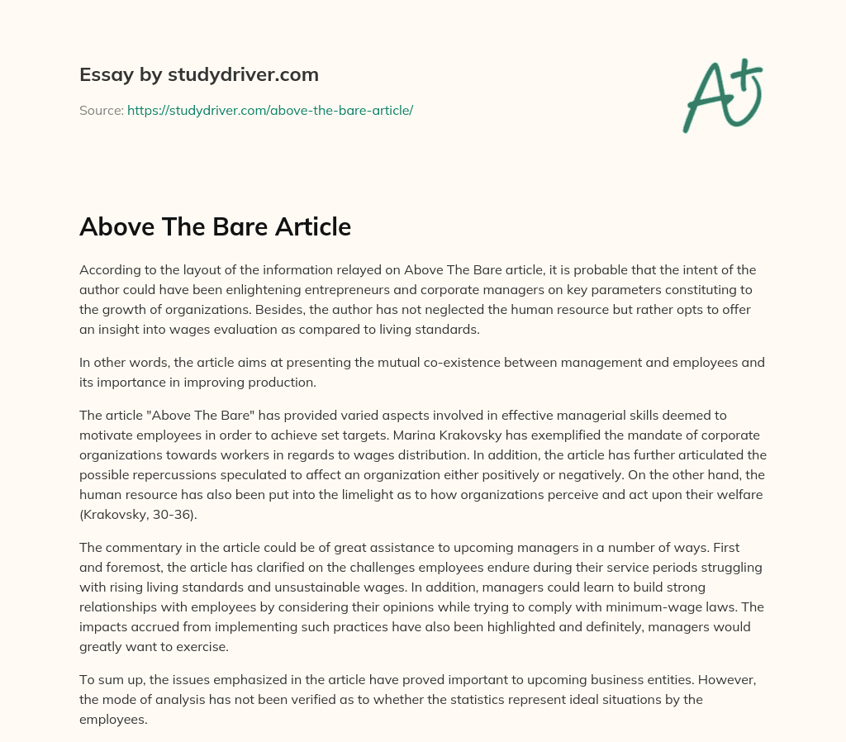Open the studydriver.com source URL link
click(x=269, y=110)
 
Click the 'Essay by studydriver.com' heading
click(x=198, y=74)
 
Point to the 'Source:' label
click(x=101, y=110)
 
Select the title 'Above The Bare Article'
click(x=215, y=226)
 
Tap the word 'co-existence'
click(x=463, y=362)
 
